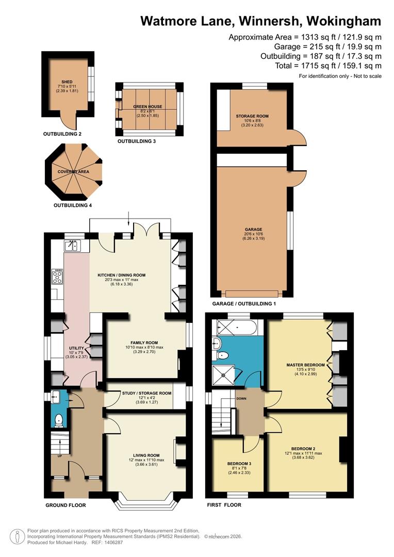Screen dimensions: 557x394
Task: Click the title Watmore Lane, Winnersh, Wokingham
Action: pos(261,21)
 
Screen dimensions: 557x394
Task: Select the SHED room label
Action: pos(67,81)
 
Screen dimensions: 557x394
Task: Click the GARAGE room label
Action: pos(253,230)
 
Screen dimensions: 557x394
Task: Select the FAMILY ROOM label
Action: pos(144,342)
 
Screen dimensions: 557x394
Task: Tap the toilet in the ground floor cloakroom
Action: pos(59,420)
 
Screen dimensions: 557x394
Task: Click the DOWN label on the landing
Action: pos(241,399)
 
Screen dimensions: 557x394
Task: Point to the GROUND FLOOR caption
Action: pos(65,505)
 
